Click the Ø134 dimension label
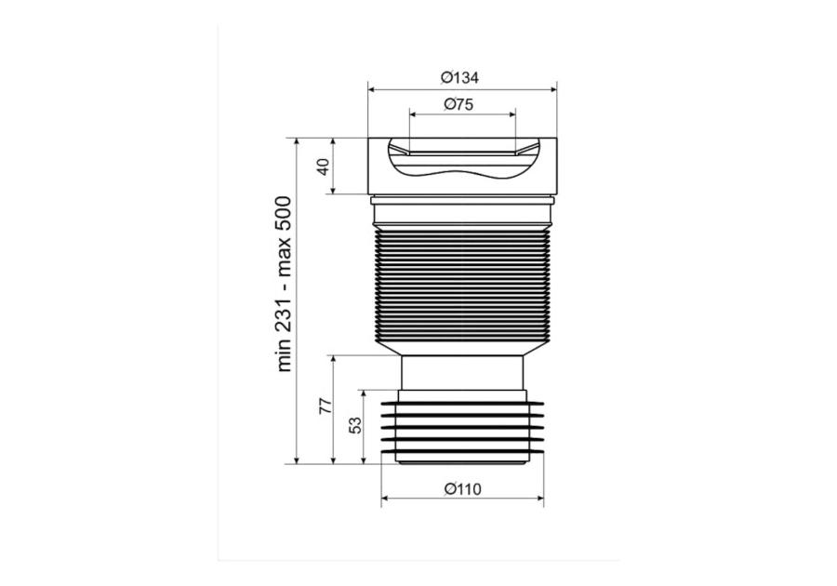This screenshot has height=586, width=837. tap(459, 78)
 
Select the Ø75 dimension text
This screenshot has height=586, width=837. tap(458, 104)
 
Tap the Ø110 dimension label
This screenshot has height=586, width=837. tap(463, 489)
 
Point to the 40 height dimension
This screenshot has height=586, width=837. tap(323, 166)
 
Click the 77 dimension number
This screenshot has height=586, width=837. tap(325, 406)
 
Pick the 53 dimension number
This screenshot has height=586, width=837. tap(355, 425)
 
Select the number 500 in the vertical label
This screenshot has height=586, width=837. tap(284, 213)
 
